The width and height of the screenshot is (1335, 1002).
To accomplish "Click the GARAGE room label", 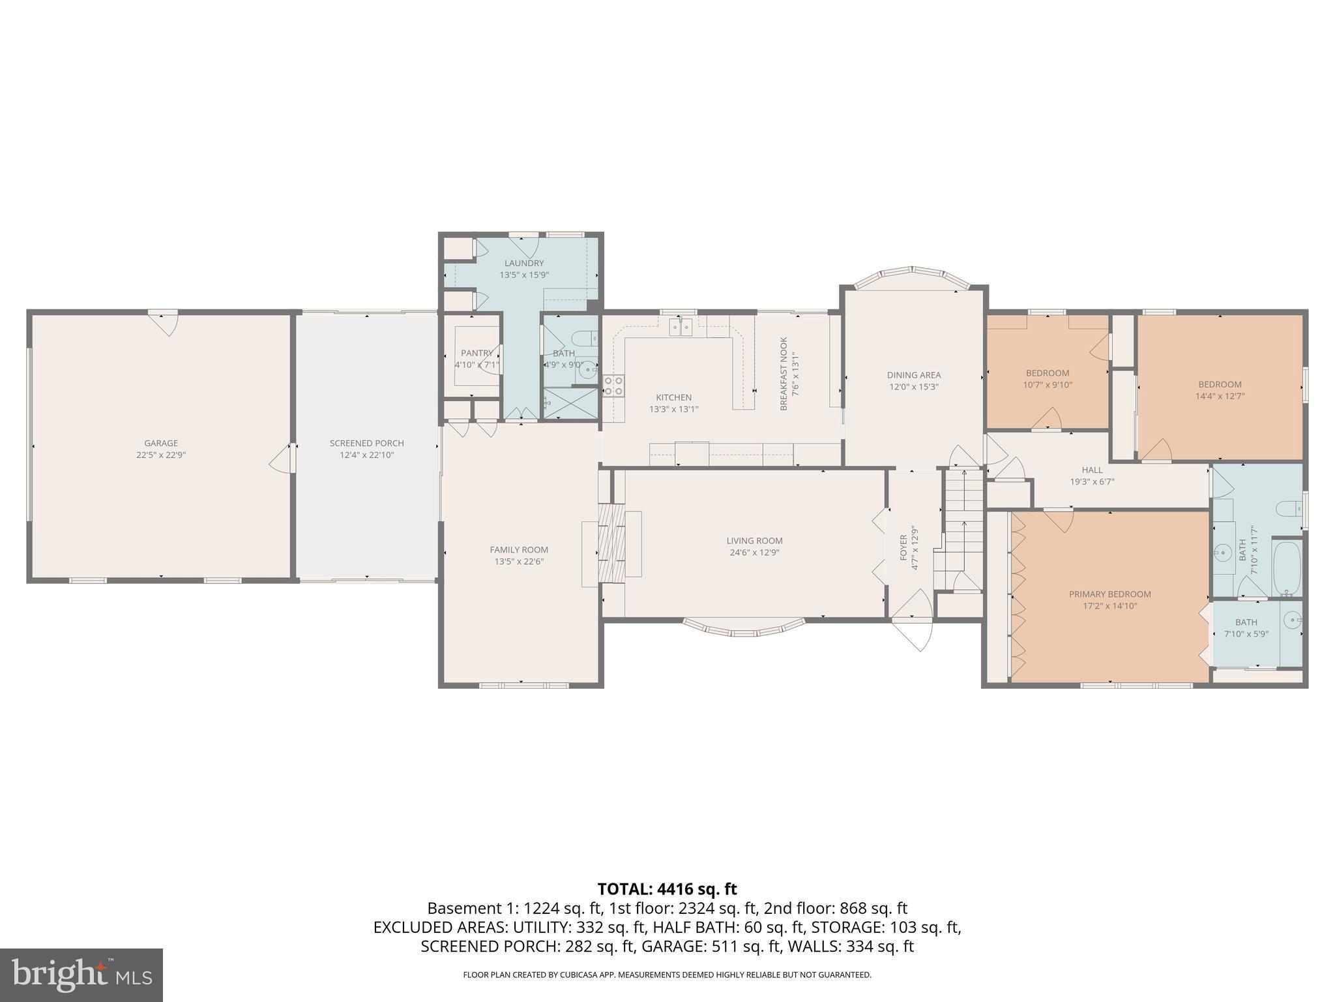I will [161, 444].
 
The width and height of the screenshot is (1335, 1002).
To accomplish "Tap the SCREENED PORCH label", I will [366, 444].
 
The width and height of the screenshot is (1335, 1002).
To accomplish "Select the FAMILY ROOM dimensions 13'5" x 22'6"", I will [519, 562].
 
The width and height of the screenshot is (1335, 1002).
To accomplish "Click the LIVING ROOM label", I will [754, 541].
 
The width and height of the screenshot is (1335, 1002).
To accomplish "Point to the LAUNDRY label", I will [523, 264].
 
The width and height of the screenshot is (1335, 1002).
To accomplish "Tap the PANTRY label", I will [477, 353].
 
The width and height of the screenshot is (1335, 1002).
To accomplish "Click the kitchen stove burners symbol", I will [613, 386].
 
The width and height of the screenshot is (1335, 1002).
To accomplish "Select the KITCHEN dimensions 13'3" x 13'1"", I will [673, 410].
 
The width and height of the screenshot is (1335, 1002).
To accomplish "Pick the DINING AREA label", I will [913, 375].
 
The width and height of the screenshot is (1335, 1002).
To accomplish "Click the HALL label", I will [1092, 470].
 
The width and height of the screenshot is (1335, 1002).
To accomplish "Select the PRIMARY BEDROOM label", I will [1109, 594].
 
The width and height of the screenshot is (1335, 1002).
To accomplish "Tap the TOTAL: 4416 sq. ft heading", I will [667, 889].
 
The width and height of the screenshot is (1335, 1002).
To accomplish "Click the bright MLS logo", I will [81, 975].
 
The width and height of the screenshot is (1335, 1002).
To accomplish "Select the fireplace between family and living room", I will [611, 543].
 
